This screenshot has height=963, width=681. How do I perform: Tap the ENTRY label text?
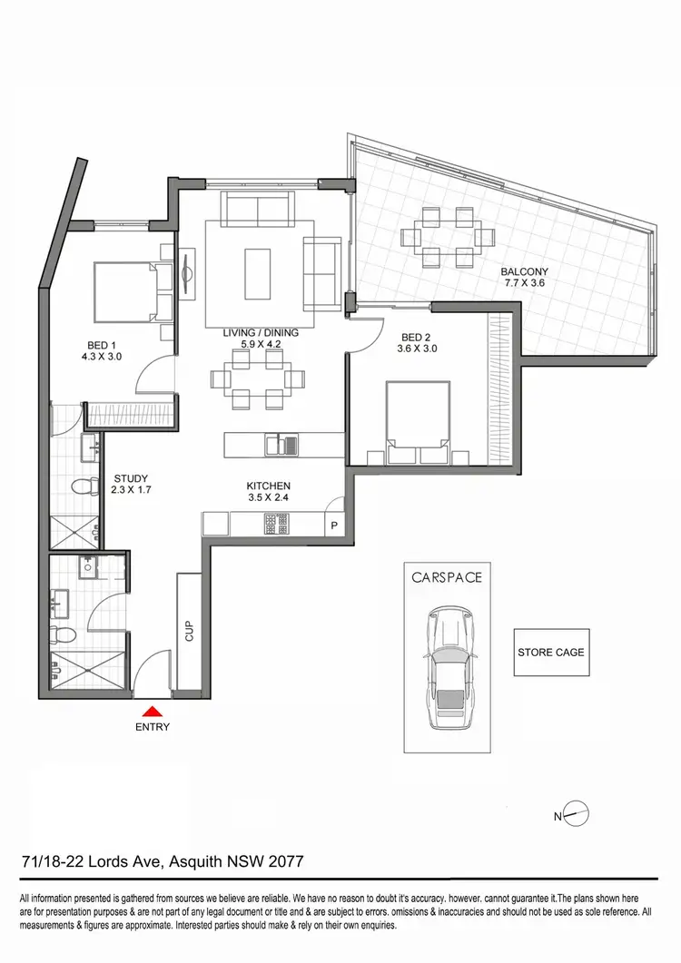[x=153, y=727]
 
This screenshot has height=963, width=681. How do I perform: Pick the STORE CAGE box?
[x=550, y=652]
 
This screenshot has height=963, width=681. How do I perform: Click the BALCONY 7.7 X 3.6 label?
[x=525, y=278]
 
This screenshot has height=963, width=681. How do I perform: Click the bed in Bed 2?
[x=418, y=417]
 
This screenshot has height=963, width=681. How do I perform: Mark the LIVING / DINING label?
[x=261, y=339]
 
